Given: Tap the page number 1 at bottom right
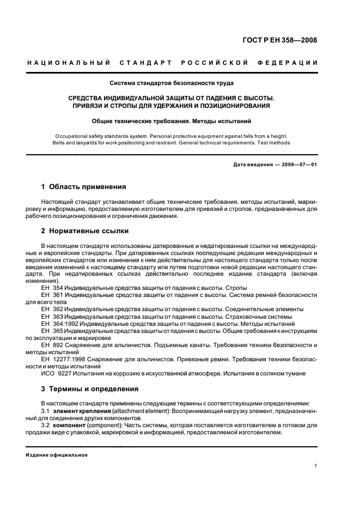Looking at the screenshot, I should click(x=316, y=466).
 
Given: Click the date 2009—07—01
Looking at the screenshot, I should click(x=299, y=164).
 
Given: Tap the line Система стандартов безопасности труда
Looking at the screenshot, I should click(x=172, y=83).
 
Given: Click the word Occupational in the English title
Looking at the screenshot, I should click(x=73, y=136).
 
